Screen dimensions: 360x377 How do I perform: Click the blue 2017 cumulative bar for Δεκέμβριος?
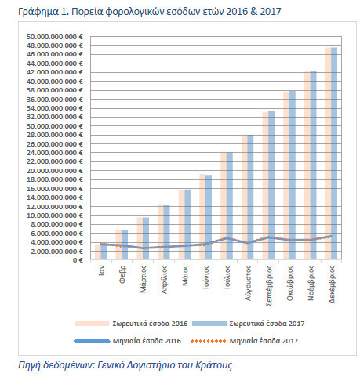334,154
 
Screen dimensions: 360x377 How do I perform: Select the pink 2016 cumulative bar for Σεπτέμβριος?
265,186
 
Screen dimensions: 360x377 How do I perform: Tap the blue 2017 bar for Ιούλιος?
229,206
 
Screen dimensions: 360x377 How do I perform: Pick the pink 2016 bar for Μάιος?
181,225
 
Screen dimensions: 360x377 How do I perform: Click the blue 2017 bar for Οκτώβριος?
292,175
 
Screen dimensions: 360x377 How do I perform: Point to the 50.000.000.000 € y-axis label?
55,37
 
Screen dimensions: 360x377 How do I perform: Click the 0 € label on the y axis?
78,260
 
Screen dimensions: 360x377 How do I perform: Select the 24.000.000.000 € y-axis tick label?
55,153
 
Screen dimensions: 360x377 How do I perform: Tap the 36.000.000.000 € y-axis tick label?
55,100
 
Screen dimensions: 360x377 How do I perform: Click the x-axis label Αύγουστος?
248,283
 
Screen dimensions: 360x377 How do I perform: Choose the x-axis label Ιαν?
101,270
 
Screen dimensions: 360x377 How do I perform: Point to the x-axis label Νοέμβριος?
311,283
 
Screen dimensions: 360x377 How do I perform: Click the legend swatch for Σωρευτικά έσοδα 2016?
92,324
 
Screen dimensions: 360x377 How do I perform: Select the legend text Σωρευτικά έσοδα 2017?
267,324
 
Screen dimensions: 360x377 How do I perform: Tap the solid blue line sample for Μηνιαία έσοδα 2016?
92,341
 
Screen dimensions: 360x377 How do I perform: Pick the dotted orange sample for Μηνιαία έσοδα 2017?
209,341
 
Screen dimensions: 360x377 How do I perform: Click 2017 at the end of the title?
271,12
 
